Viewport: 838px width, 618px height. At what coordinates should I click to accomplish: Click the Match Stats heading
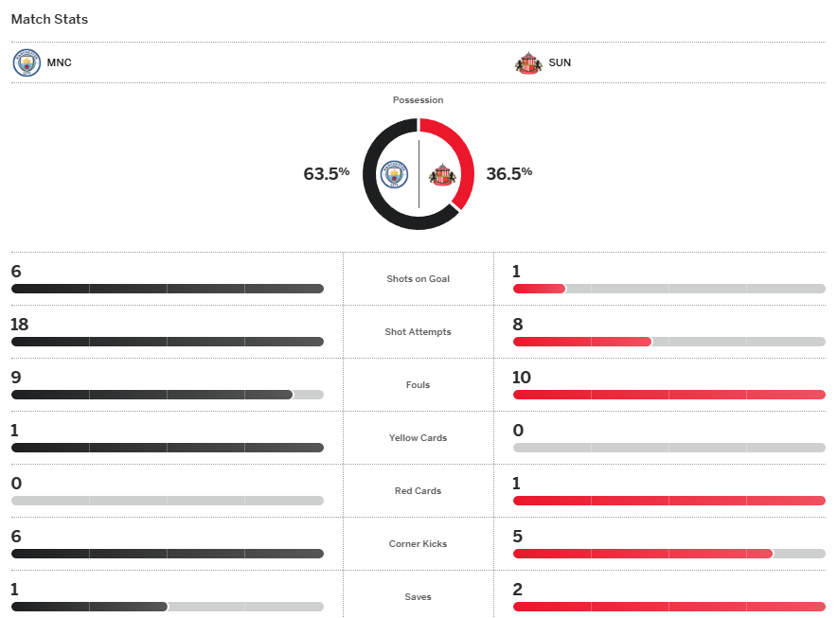[x=49, y=19]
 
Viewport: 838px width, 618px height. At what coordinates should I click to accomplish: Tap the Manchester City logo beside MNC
[x=27, y=62]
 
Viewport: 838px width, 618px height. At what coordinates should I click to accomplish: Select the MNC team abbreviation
[x=60, y=63]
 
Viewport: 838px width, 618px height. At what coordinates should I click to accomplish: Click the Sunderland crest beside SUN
[x=528, y=62]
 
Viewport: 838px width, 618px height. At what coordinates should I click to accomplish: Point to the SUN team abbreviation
[x=560, y=63]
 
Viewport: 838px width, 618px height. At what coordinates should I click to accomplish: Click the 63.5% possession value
[x=327, y=173]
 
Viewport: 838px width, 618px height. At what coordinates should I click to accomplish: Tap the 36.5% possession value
[x=508, y=173]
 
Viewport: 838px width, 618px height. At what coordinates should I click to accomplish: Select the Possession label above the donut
[x=418, y=100]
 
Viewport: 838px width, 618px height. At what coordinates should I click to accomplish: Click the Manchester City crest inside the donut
[x=394, y=174]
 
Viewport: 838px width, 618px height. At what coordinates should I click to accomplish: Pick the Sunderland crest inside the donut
[x=442, y=174]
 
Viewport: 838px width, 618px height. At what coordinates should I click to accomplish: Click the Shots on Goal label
[x=419, y=279]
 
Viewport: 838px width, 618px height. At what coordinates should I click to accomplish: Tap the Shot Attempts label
[x=419, y=332]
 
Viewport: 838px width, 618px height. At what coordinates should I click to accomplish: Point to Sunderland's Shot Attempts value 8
[x=518, y=325]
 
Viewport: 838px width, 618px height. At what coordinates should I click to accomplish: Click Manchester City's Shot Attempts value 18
[x=20, y=325]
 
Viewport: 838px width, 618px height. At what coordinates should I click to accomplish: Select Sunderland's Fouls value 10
[x=522, y=378]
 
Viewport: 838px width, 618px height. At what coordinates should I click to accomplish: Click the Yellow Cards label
[x=419, y=438]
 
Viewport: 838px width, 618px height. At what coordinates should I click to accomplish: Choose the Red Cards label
[x=419, y=491]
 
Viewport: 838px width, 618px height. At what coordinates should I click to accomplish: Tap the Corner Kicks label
[x=419, y=544]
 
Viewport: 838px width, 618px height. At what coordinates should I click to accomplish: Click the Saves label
[x=419, y=597]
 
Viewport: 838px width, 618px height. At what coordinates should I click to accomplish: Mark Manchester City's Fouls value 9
[x=16, y=378]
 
